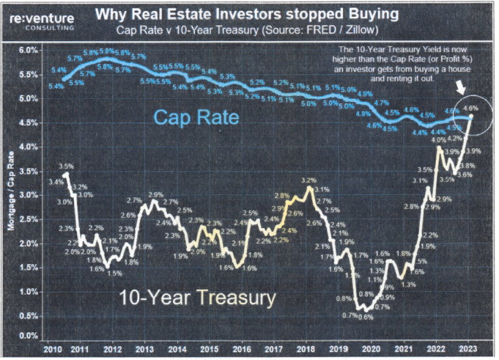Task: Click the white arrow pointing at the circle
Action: tap(460, 86)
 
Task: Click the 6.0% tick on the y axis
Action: tap(28, 51)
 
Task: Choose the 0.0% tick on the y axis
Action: tap(28, 337)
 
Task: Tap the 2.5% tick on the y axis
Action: tap(28, 218)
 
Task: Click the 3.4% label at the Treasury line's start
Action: tap(56, 182)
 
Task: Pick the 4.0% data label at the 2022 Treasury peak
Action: tap(439, 140)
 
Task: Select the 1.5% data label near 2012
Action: tap(115, 273)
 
